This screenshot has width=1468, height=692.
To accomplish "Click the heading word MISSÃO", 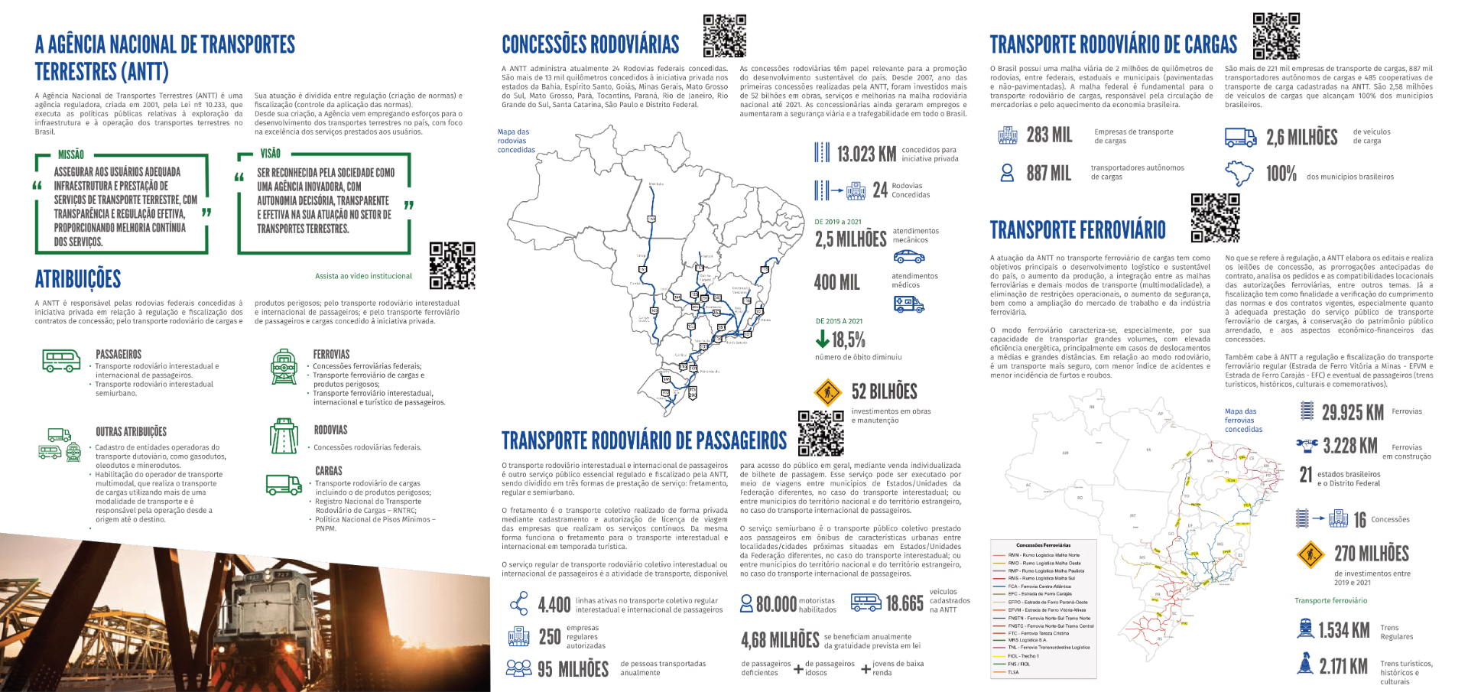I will [71, 154].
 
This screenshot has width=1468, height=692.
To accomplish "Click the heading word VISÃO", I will [270, 154].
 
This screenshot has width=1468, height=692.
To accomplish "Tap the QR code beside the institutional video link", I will [452, 265].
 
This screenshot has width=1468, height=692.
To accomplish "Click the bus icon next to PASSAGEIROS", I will [61, 360].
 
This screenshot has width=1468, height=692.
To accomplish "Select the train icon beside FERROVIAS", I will [284, 367].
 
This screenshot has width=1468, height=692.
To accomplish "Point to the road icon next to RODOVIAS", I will [284, 437].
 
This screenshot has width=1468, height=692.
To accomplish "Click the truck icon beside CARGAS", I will [284, 485].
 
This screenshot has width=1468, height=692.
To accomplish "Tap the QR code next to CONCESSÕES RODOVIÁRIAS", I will [724, 35].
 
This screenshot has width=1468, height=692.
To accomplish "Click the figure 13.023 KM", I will [866, 154].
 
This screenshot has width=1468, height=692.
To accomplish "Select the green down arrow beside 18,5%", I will [823, 338].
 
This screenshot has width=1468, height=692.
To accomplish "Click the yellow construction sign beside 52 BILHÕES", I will [828, 392].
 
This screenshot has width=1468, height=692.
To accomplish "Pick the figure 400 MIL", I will [836, 282].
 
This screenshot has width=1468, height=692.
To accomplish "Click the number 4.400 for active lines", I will [554, 605].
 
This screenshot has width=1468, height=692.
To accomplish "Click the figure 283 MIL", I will [1049, 135].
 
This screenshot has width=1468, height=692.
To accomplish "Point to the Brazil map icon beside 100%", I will [1239, 174].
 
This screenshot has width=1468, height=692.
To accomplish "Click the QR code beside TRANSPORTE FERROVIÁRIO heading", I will [1215, 218].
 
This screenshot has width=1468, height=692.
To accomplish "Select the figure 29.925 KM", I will [1352, 413].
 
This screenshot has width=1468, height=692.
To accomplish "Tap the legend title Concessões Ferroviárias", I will [1043, 545].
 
